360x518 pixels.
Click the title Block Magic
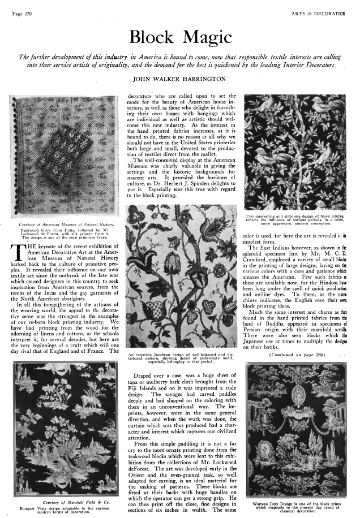(x=179, y=37)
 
